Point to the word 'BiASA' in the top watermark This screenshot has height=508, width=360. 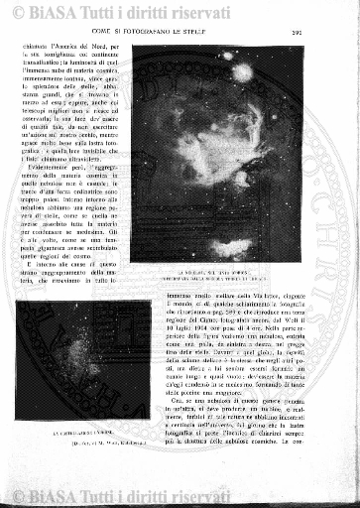click(x=45, y=13)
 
